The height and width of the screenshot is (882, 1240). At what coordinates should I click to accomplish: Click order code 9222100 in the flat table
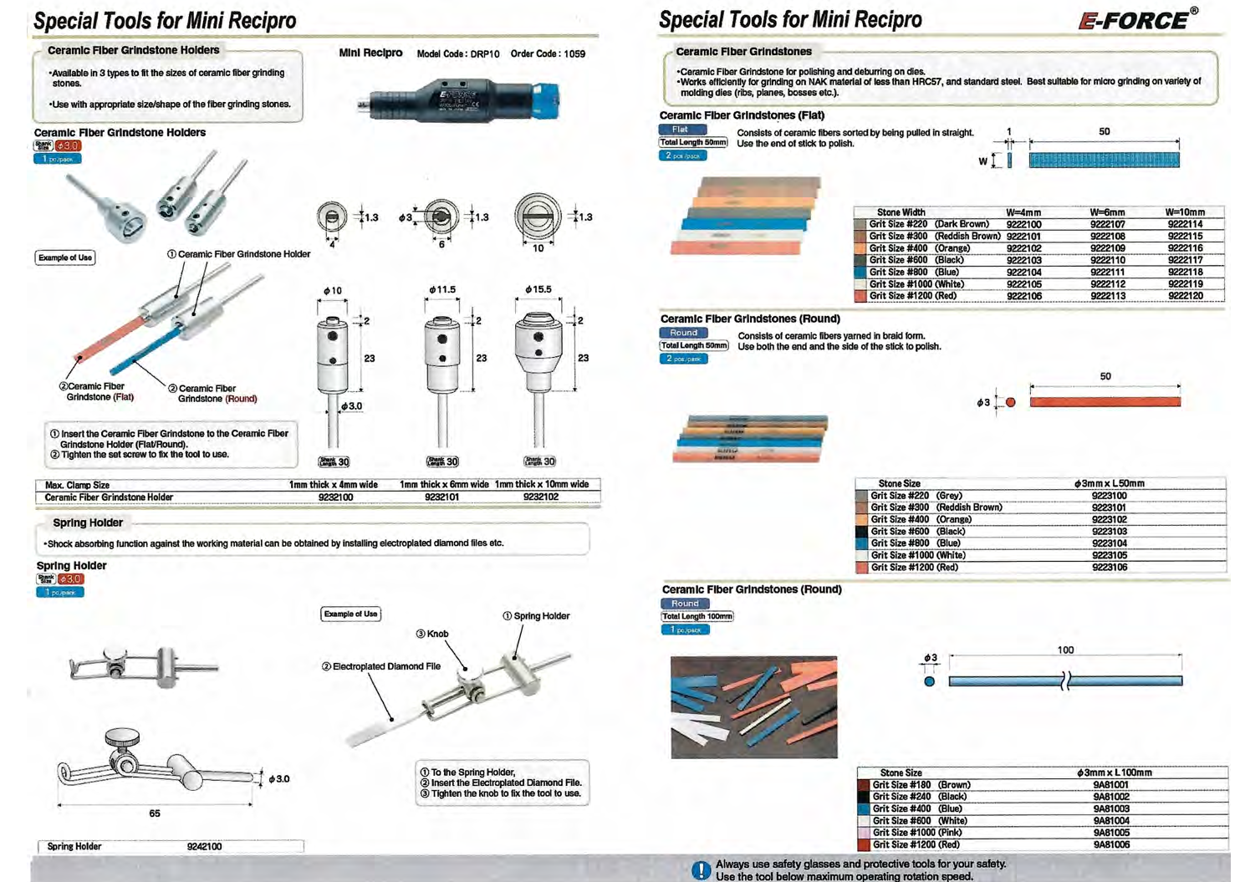point(1023,224)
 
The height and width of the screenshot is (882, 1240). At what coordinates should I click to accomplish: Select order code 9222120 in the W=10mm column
point(1185,296)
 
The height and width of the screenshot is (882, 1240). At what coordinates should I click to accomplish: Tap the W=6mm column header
point(1107,212)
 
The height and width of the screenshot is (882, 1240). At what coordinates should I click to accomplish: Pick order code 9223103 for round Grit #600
point(1109,532)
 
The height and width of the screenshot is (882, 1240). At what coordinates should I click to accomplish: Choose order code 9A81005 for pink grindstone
point(1111,833)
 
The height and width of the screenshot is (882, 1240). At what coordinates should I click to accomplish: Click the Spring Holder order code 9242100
point(204,846)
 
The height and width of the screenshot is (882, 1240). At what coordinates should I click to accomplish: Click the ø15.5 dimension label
point(538,289)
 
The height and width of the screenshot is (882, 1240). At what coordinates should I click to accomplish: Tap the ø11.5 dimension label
point(442,290)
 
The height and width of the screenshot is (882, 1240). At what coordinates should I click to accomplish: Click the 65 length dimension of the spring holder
point(155,813)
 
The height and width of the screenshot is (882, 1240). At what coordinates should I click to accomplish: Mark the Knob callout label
point(432,634)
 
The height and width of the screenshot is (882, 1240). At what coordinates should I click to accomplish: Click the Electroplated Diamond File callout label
point(381,666)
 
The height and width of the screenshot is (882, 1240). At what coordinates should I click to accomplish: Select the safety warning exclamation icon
point(701,870)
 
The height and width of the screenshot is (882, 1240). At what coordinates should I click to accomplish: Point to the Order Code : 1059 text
point(548,54)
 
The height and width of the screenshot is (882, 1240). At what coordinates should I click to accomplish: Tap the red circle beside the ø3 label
point(1010,402)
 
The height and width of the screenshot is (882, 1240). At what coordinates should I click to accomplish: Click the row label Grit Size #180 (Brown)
point(921,785)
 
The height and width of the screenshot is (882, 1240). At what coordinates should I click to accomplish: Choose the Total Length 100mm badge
point(697,616)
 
